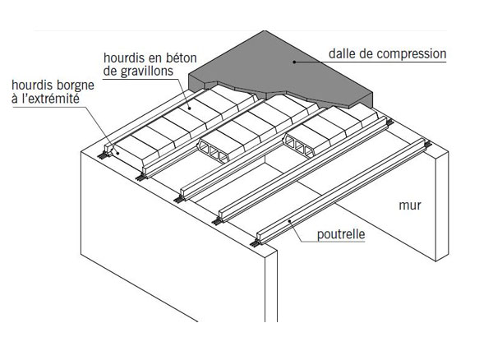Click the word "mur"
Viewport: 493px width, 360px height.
click(410, 205)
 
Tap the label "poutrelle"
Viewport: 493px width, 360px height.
click(341, 234)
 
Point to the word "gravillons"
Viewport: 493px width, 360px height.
click(147, 72)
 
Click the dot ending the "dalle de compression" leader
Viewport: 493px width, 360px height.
click(294, 62)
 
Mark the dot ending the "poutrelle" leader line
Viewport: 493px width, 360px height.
click(289, 221)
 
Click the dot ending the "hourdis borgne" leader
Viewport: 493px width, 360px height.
click(117, 153)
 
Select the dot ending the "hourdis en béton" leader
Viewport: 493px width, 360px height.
click(189, 108)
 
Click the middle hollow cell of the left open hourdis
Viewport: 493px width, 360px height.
click(214, 152)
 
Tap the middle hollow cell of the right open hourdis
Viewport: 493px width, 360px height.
click(299, 147)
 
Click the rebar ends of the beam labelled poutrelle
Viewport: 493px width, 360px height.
click(255, 242)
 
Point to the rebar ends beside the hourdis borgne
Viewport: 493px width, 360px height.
click(101, 155)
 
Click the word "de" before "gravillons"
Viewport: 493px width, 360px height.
click(110, 71)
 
